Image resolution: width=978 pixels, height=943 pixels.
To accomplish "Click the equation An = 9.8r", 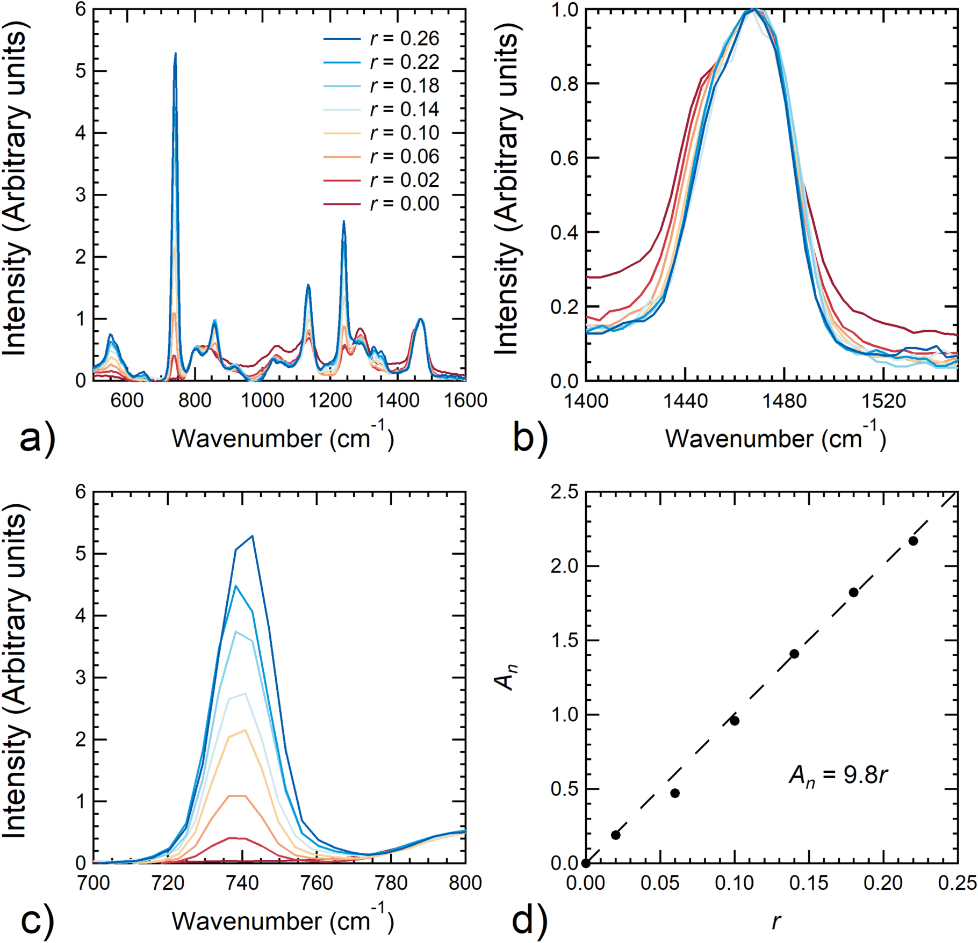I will coord(838,775).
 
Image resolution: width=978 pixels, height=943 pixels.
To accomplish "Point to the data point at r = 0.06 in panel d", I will coord(675,793).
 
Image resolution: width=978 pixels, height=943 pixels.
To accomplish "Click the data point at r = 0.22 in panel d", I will coord(913,541).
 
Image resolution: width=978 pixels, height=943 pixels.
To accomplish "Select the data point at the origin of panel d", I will coord(586,864).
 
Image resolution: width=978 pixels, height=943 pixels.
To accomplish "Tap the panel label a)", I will coord(37,439).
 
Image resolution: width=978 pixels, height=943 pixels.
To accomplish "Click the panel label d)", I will coord(529,920).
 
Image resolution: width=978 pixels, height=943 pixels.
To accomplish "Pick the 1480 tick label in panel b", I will coord(784,401).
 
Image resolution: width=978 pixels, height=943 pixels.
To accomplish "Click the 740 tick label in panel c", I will coord(242,883).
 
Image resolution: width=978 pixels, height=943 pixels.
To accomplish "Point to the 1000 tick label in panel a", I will coord(263,401).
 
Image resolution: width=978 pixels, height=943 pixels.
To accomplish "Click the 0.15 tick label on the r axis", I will coord(809,883).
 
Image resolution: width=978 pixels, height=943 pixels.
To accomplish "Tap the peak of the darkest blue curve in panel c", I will coord(252,535).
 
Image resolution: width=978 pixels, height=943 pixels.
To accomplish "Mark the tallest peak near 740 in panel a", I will coord(175,54).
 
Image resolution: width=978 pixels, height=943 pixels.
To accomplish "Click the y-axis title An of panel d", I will coord(505,678).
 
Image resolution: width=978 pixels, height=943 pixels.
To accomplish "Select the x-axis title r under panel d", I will coord(775,921).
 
